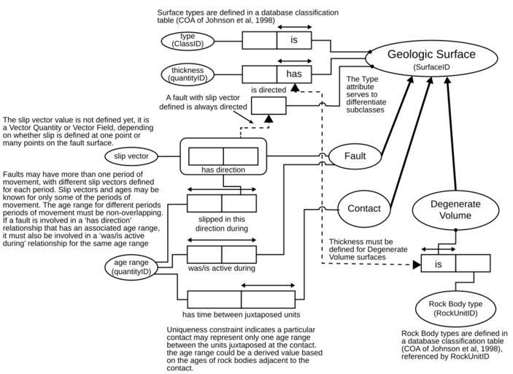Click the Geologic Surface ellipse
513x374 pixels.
[x=431, y=59]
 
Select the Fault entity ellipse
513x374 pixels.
[x=355, y=156]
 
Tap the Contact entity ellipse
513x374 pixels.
[x=364, y=208]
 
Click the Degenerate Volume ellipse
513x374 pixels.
[x=455, y=210]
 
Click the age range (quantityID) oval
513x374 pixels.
[x=132, y=267]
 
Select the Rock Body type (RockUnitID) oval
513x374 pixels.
[x=455, y=308]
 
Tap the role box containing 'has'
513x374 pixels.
[x=293, y=73]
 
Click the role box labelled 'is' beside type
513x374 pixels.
[x=293, y=40]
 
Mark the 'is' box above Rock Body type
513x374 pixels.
[x=439, y=264]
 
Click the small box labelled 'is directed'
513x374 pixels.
[x=269, y=106]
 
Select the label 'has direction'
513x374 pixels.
[x=223, y=170]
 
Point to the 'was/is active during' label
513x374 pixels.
[x=221, y=268]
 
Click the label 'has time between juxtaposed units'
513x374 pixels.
[x=241, y=315]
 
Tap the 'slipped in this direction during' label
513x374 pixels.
[x=222, y=223]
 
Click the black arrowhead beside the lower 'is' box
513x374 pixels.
[x=417, y=265]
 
